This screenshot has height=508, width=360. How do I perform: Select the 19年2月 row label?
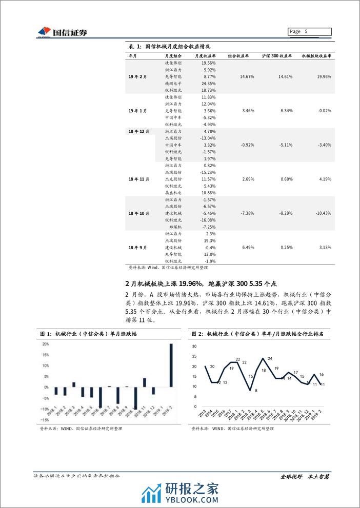pyautogui.click(x=138, y=76)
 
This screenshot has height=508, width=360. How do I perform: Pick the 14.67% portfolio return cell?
pyautogui.click(x=248, y=76)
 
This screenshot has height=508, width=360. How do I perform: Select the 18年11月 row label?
pyautogui.click(x=139, y=179)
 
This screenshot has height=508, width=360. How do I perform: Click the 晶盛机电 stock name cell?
pyautogui.click(x=173, y=193)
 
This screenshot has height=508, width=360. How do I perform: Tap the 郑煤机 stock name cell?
pyautogui.click(x=175, y=227)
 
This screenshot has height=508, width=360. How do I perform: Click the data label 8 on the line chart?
pyautogui.click(x=256, y=391)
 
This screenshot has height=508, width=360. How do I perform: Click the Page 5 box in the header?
pyautogui.click(x=309, y=31)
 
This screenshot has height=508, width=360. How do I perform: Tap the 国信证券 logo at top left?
pyautogui.click(x=62, y=32)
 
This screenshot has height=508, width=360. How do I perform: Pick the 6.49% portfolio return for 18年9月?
pyautogui.click(x=248, y=247)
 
